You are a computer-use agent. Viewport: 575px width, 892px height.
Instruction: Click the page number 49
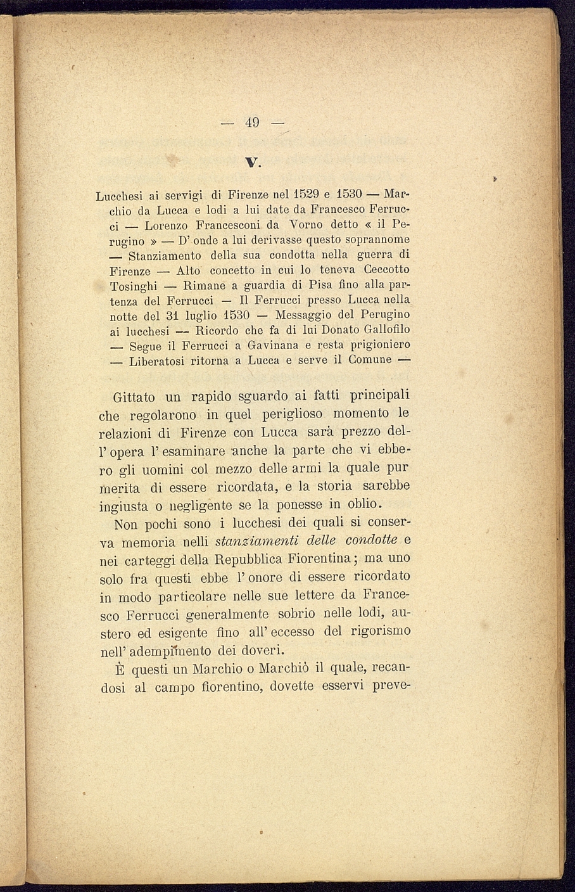(252, 123)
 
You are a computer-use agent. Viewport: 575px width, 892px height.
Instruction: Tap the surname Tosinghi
(133, 286)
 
